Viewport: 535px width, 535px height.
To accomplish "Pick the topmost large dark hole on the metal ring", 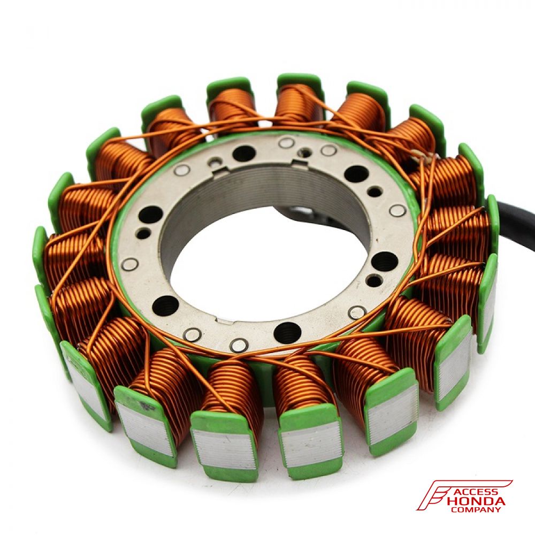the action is pos(244,153).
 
